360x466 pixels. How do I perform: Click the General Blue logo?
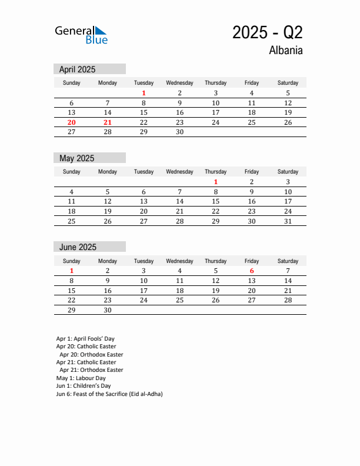click(x=81, y=35)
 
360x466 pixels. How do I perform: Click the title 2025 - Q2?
click(x=267, y=32)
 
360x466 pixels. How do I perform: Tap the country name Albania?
click(x=286, y=51)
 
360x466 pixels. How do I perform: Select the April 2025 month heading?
click(x=77, y=69)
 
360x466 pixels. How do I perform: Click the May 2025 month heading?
click(x=76, y=158)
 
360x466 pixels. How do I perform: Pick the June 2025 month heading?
click(x=78, y=247)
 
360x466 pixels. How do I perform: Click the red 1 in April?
click(x=144, y=93)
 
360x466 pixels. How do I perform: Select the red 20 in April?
click(x=72, y=122)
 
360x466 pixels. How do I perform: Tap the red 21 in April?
click(x=108, y=122)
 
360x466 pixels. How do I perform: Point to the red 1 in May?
click(x=216, y=182)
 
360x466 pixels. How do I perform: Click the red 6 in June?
click(x=252, y=271)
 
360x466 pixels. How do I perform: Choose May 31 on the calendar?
click(x=288, y=221)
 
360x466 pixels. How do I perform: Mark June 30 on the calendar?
click(x=108, y=310)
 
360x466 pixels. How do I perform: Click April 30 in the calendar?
click(x=179, y=132)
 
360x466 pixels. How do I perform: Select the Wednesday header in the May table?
click(x=179, y=172)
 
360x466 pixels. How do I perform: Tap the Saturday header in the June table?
click(x=288, y=261)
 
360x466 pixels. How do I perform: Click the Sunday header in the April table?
click(x=72, y=83)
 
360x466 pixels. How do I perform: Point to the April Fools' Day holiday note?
click(x=85, y=339)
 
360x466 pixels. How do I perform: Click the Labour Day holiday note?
click(x=81, y=378)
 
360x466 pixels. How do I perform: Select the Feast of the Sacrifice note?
click(x=109, y=394)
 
